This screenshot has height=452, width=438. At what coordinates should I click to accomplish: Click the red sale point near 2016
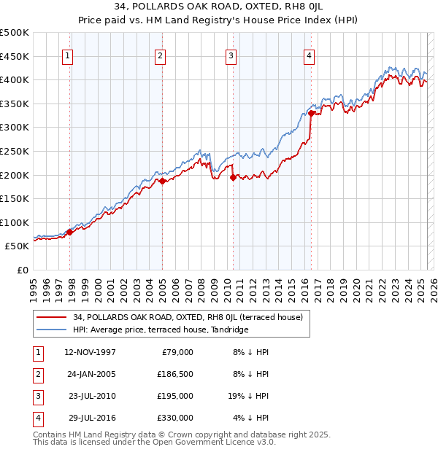tap(311, 113)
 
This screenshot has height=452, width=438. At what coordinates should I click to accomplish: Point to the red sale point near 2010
tap(233, 177)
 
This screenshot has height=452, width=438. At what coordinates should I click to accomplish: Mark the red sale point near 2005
tap(162, 182)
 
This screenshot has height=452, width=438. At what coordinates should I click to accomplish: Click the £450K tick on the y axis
tap(15, 56)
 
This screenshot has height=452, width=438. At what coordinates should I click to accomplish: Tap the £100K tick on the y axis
tap(15, 222)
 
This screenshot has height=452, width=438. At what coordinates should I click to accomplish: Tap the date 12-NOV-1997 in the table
tap(91, 352)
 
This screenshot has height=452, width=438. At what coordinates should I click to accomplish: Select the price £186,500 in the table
tap(175, 374)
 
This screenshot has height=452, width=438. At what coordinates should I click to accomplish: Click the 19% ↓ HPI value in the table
tap(247, 396)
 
